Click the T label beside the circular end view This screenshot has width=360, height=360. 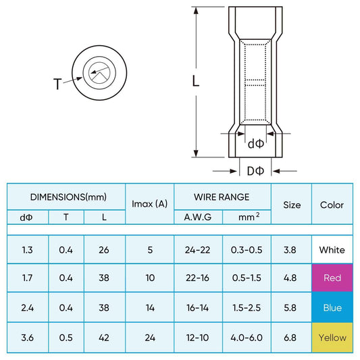pos(57,84)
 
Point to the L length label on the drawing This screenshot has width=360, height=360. pos(195,81)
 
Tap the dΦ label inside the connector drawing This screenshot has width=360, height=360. pos(256,144)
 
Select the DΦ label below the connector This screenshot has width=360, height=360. pos(255,171)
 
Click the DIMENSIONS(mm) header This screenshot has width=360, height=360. pos(68,197)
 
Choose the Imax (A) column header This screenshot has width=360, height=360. pos(149,204)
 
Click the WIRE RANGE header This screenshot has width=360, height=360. pos(222,197)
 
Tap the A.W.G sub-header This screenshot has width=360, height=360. pos(198,217)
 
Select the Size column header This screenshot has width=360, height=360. pos(292,205)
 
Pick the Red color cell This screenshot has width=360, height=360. pos(332,278)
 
